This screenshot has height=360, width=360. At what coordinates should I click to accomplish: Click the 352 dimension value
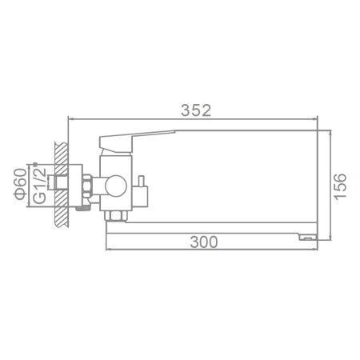coord(196,110)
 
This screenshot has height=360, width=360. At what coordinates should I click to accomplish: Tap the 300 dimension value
coord(204,242)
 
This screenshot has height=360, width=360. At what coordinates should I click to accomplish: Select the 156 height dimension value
coord(340,186)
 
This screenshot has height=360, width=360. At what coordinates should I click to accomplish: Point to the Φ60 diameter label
coord(20,184)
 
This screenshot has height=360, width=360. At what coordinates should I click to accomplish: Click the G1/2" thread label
coord(39,183)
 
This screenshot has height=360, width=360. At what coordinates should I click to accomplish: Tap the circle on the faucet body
coord(116,186)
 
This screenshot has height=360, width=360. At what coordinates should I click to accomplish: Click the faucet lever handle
coord(137,141)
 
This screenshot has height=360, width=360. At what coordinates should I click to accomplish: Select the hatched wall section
coord(62,185)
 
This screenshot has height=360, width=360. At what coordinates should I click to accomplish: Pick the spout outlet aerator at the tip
coord(308,237)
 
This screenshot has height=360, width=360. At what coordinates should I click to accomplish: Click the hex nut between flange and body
coord(87,186)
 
